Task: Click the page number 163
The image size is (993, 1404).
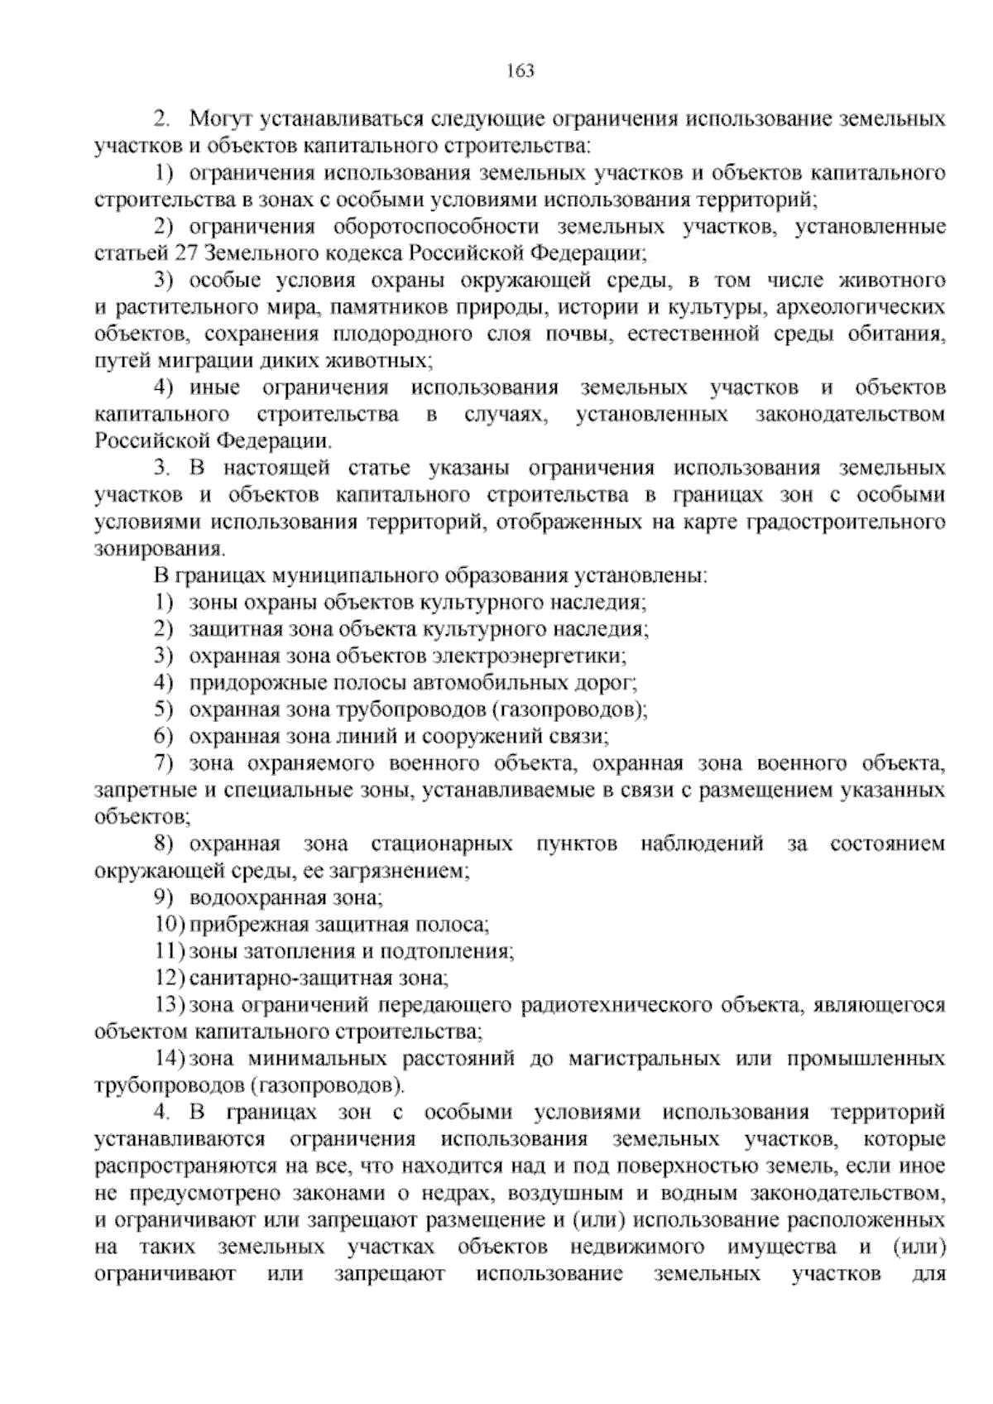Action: [520, 70]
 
